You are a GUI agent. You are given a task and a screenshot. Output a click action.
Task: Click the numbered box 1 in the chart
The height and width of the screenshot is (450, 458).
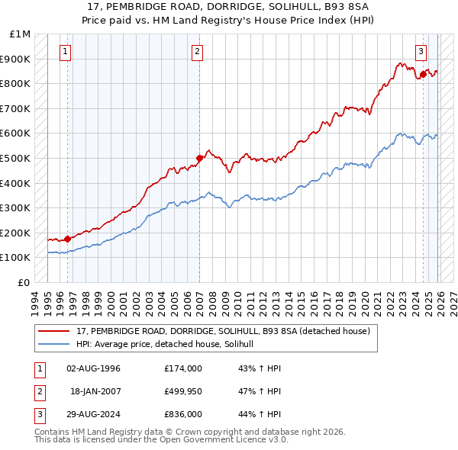pyautogui.click(x=66, y=52)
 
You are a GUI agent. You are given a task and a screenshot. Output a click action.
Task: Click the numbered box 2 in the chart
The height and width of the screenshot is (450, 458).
pyautogui.click(x=197, y=52)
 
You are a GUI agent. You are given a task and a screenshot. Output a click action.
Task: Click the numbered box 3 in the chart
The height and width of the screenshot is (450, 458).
pyautogui.click(x=421, y=52)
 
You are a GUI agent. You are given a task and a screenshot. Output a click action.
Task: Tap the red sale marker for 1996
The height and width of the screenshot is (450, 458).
pyautogui.click(x=67, y=239)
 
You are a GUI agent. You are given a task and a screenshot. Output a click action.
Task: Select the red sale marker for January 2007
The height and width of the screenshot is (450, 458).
pyautogui.click(x=199, y=158)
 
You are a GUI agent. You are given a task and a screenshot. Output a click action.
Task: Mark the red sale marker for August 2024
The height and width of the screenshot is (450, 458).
pyautogui.click(x=423, y=75)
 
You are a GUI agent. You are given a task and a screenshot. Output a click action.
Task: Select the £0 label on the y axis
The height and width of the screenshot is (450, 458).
pyautogui.click(x=24, y=282)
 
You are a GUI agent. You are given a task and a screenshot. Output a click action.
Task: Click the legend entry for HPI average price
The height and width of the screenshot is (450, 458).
pyautogui.click(x=169, y=345)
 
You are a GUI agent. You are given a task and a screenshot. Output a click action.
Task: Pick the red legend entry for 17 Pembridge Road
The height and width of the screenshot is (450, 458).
pyautogui.click(x=223, y=331)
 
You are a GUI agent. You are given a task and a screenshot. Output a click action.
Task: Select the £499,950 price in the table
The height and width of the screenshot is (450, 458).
pyautogui.click(x=183, y=391)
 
